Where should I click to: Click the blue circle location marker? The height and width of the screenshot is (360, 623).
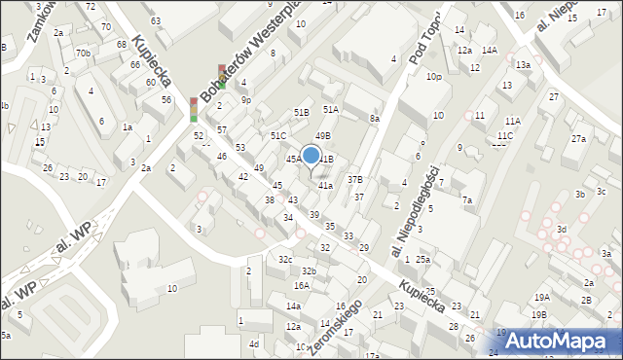pyautogui.click(x=311, y=155)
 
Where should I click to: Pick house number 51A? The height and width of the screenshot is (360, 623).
pyautogui.click(x=331, y=110)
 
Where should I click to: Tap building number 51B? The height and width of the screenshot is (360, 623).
pyautogui.click(x=302, y=113)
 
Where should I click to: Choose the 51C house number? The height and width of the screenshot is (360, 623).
pyautogui.click(x=278, y=135)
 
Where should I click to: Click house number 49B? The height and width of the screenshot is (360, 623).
pyautogui.click(x=323, y=135)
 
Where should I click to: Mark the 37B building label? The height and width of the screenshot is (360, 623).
pyautogui.click(x=355, y=179)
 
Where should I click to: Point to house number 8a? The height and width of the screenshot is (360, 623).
pyautogui.click(x=374, y=118)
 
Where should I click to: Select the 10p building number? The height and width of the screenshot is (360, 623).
pyautogui.click(x=433, y=76)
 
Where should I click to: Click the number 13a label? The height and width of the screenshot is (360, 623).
pyautogui.click(x=523, y=64)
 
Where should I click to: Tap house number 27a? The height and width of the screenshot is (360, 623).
pyautogui.click(x=579, y=139)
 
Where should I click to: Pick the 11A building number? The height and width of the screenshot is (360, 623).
pyautogui.click(x=513, y=120)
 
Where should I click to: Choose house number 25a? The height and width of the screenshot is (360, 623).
pyautogui.click(x=422, y=260)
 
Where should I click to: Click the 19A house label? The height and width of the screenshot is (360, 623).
pyautogui.click(x=541, y=297)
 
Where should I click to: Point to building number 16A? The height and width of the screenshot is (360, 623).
pyautogui.click(x=302, y=285)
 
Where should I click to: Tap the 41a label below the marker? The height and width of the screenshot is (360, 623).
pyautogui.click(x=325, y=185)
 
